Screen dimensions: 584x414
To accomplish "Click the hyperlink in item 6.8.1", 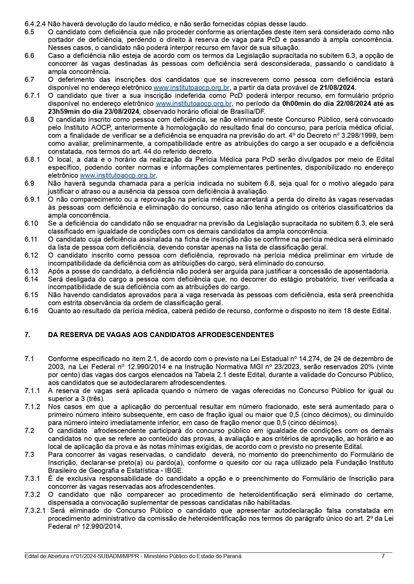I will click(118, 175).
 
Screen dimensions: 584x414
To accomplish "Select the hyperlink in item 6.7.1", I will click(194, 103).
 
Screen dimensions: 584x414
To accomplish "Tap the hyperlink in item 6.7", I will click(191, 88).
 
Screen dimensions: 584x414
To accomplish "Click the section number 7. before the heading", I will click(27, 335).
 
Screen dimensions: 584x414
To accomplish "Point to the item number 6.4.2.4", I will click(35, 24).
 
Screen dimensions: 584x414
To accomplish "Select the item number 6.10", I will click(31, 223).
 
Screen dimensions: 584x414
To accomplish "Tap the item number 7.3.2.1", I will click(35, 510).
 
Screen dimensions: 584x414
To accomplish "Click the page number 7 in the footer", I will click(383, 556).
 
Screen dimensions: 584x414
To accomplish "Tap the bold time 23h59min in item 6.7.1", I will click(64, 111).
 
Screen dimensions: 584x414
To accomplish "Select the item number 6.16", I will click(31, 311).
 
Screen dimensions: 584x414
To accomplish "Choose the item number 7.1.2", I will click(32, 407).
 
